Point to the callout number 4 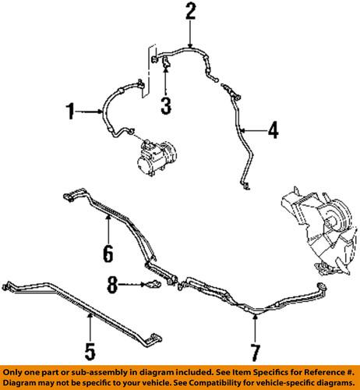pos(272,130)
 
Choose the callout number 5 pos(90,349)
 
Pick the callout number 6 pos(107,252)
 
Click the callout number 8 pos(114,286)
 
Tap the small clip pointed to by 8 pos(151,286)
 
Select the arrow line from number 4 pos(253,129)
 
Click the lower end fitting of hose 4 pos(246,185)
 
